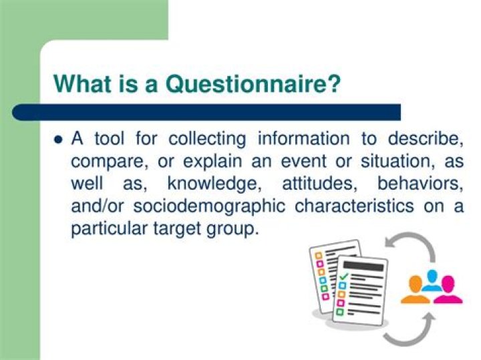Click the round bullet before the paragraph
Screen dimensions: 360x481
point(57,140)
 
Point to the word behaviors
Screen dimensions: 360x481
point(420,184)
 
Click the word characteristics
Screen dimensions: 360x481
point(354,206)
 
